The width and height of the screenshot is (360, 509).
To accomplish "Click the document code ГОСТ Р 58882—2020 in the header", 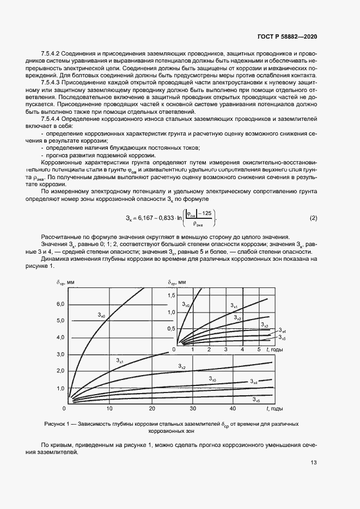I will [286, 36].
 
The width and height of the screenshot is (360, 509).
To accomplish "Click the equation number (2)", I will [313, 219].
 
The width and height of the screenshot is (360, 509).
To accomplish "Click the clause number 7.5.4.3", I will [52, 81].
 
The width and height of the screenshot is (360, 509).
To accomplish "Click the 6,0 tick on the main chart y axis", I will [59, 304].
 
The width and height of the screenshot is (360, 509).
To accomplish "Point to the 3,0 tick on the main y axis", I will [59, 354].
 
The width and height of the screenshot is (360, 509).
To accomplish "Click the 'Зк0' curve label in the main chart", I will [101, 314].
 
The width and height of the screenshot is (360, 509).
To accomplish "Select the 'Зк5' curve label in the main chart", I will [256, 400].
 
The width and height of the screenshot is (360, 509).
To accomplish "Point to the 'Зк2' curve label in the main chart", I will [182, 367].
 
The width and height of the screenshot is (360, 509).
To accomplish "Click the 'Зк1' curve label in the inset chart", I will [233, 305].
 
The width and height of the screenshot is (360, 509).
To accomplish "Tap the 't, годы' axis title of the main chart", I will [273, 408].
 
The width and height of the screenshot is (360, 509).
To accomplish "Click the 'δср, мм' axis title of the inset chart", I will [178, 282].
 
